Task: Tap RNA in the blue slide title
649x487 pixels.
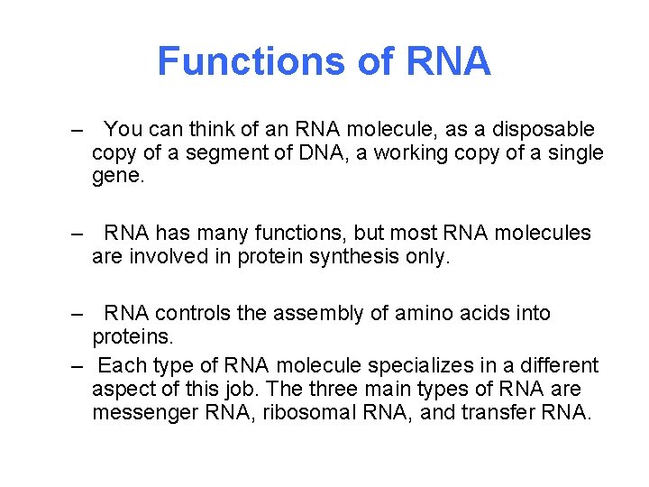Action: point(449,61)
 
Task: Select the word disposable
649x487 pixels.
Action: point(542,130)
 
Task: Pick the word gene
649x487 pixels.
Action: point(117,177)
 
